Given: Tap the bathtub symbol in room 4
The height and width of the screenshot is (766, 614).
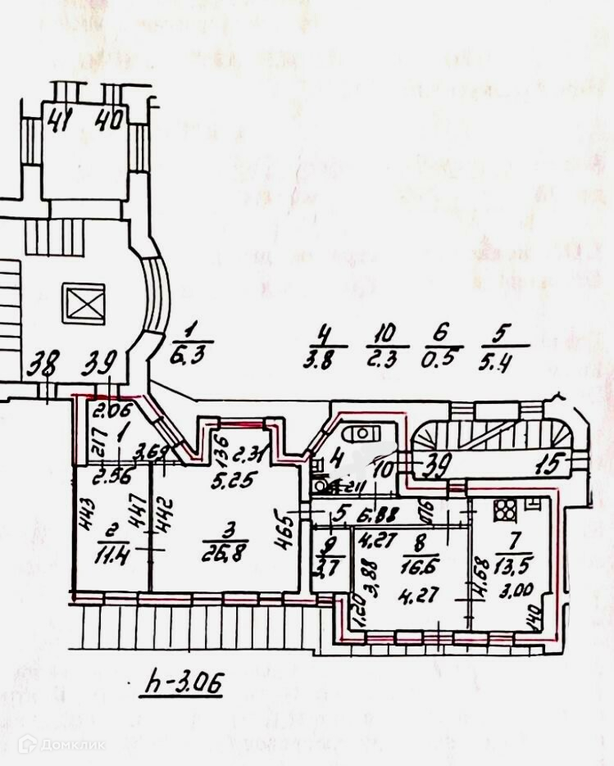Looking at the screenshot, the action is coord(359,434).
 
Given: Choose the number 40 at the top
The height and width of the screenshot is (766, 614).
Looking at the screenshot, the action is coord(108,121).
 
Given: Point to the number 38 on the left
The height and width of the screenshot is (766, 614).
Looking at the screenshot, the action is coord(46,361).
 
